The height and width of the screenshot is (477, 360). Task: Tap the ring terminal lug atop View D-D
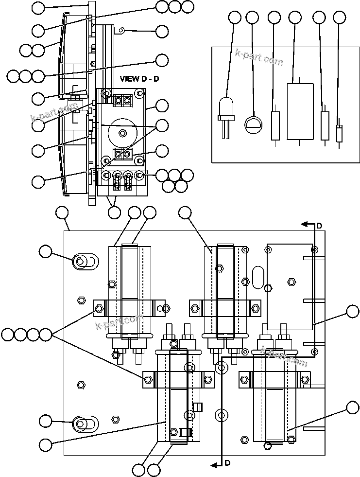(x=121, y=31)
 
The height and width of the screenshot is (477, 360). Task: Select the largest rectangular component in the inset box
(x=300, y=111)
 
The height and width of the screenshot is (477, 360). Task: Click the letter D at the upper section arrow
(x=319, y=226)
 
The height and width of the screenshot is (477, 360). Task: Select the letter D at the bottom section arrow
(x=227, y=463)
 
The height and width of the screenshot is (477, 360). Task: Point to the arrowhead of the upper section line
(x=304, y=224)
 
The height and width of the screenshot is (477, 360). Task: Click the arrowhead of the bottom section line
(x=213, y=465)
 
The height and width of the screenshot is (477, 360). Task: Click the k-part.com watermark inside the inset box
(x=258, y=57)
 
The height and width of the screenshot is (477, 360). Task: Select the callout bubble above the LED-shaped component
(x=234, y=18)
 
